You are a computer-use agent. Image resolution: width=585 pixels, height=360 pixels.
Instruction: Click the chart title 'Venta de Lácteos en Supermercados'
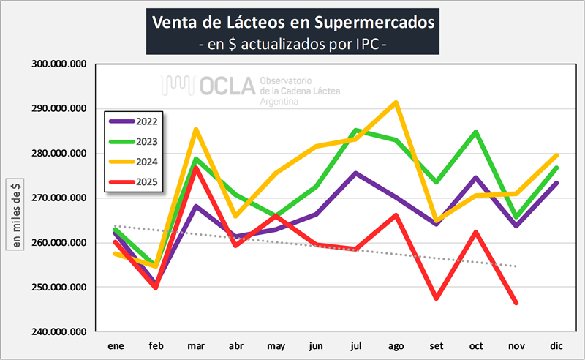(292, 21)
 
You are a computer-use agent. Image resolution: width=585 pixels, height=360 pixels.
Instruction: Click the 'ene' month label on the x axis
(116, 345)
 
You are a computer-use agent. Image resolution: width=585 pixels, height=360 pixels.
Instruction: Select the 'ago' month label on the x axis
(396, 345)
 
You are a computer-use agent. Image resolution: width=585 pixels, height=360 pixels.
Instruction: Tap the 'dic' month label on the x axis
(556, 345)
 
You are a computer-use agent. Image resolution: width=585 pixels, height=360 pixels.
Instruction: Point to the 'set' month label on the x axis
(436, 345)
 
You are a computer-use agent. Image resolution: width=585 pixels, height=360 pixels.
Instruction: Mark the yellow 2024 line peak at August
(396, 102)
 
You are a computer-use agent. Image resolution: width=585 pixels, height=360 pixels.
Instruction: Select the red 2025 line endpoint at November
(516, 302)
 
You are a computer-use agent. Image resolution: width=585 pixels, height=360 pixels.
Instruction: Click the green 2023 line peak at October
(476, 132)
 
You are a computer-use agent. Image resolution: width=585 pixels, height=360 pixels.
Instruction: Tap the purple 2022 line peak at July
(355, 173)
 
